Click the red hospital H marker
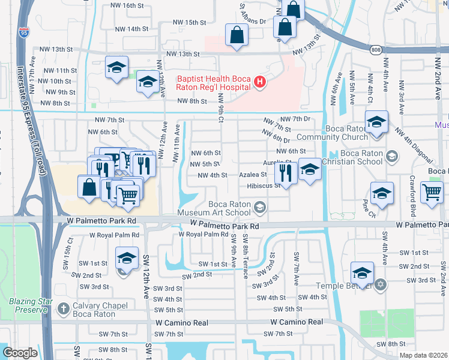pos(259,82)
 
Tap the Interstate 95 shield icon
pos(24,31)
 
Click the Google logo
pos(20,353)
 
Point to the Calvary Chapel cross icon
pos(64,309)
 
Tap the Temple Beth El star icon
pos(379,283)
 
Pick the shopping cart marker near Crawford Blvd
pos(432,193)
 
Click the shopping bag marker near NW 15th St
pos(237,35)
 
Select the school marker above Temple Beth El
pos(362,273)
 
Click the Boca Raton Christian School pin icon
pos(391,157)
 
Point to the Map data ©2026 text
pos(424,355)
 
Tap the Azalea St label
pos(253,175)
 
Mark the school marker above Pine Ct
pos(382,193)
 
